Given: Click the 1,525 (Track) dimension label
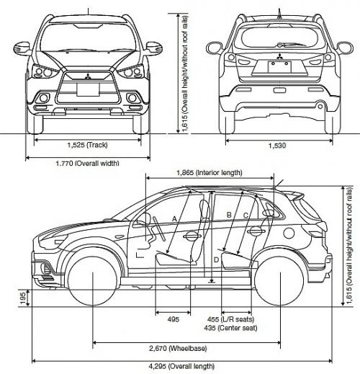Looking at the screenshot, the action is [x=87, y=145].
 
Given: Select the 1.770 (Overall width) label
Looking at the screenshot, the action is [x=87, y=164].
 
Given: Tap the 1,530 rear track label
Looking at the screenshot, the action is [x=277, y=146].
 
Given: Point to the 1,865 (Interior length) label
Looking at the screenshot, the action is [x=210, y=173].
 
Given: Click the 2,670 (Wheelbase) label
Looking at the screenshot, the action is [x=178, y=348].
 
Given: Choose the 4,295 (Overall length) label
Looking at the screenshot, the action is [x=181, y=366].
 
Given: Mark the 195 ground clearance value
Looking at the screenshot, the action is [x=23, y=298].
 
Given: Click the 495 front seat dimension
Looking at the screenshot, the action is [x=174, y=319].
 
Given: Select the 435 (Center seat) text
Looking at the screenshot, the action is [x=230, y=328].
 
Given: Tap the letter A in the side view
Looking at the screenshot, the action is [x=174, y=219].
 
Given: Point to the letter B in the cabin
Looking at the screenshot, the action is [x=229, y=215].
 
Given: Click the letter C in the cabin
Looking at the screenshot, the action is [x=246, y=215].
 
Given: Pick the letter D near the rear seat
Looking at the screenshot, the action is [x=216, y=259].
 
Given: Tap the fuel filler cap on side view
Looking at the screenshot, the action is [x=289, y=233].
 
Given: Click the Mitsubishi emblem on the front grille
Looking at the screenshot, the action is [x=88, y=76].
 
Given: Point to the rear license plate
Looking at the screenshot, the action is [x=279, y=67].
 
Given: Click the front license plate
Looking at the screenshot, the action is [x=88, y=89].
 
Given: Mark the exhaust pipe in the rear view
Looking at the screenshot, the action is [x=320, y=107].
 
